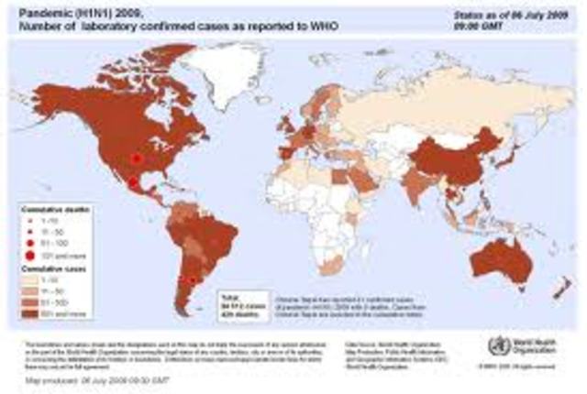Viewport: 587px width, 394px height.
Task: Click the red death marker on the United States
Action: click(137, 158)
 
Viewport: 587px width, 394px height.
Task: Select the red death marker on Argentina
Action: click(191, 280)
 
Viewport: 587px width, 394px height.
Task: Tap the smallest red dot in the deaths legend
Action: click(31, 221)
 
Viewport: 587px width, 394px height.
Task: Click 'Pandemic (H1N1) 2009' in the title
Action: click(83, 13)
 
